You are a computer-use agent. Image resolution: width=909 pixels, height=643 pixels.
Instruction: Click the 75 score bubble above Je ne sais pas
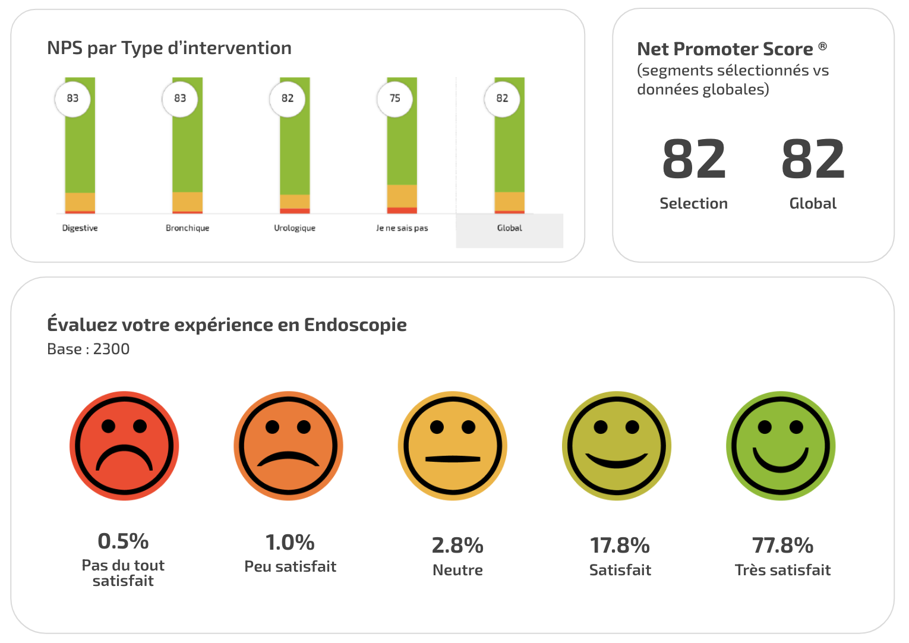[x=395, y=99]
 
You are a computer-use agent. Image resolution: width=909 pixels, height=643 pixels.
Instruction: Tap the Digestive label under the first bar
[x=80, y=228]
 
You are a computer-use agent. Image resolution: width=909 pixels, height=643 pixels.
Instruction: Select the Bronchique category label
[x=187, y=228]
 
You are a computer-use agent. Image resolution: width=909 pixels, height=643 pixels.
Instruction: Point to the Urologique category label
[x=295, y=228]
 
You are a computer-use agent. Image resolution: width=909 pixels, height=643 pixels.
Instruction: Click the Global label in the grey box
[x=509, y=228]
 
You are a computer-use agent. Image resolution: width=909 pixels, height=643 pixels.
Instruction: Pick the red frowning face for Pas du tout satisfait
[x=124, y=446]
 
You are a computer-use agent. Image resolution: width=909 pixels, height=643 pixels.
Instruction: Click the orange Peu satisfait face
[x=288, y=446]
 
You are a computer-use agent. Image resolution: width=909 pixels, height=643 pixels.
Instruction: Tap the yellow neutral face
[x=452, y=446]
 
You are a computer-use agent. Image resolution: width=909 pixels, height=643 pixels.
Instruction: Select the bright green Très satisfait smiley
[x=781, y=446]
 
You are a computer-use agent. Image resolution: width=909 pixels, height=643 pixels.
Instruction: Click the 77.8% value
[x=782, y=545]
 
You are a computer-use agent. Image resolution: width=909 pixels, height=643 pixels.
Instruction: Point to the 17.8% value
[x=620, y=545]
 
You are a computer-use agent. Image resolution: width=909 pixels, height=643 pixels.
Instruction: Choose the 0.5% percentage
[x=123, y=541]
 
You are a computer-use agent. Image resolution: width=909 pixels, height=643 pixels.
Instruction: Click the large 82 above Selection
[x=694, y=159]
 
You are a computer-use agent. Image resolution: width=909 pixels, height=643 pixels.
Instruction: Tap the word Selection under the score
[x=693, y=203]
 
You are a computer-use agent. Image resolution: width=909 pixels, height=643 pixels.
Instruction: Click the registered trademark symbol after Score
[x=822, y=46]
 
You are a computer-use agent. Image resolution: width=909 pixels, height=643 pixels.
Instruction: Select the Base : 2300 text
[x=89, y=349]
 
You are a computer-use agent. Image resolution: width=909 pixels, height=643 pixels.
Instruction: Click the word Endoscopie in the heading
[x=355, y=324]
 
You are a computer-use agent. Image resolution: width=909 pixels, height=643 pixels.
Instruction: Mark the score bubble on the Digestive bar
[x=72, y=99]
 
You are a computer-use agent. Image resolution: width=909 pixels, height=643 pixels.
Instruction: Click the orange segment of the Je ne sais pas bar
[x=402, y=196]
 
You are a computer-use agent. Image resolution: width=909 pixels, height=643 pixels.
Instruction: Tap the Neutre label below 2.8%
[x=457, y=570]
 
